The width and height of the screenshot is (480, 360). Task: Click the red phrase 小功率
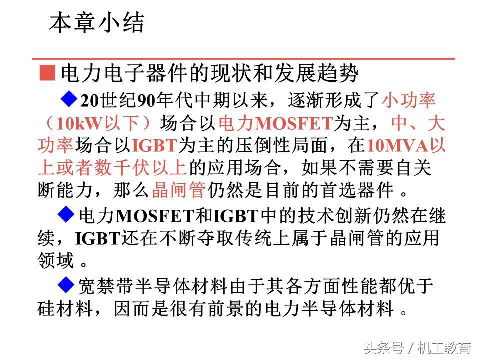[409, 100]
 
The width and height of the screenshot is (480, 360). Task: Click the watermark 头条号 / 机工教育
[417, 347]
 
